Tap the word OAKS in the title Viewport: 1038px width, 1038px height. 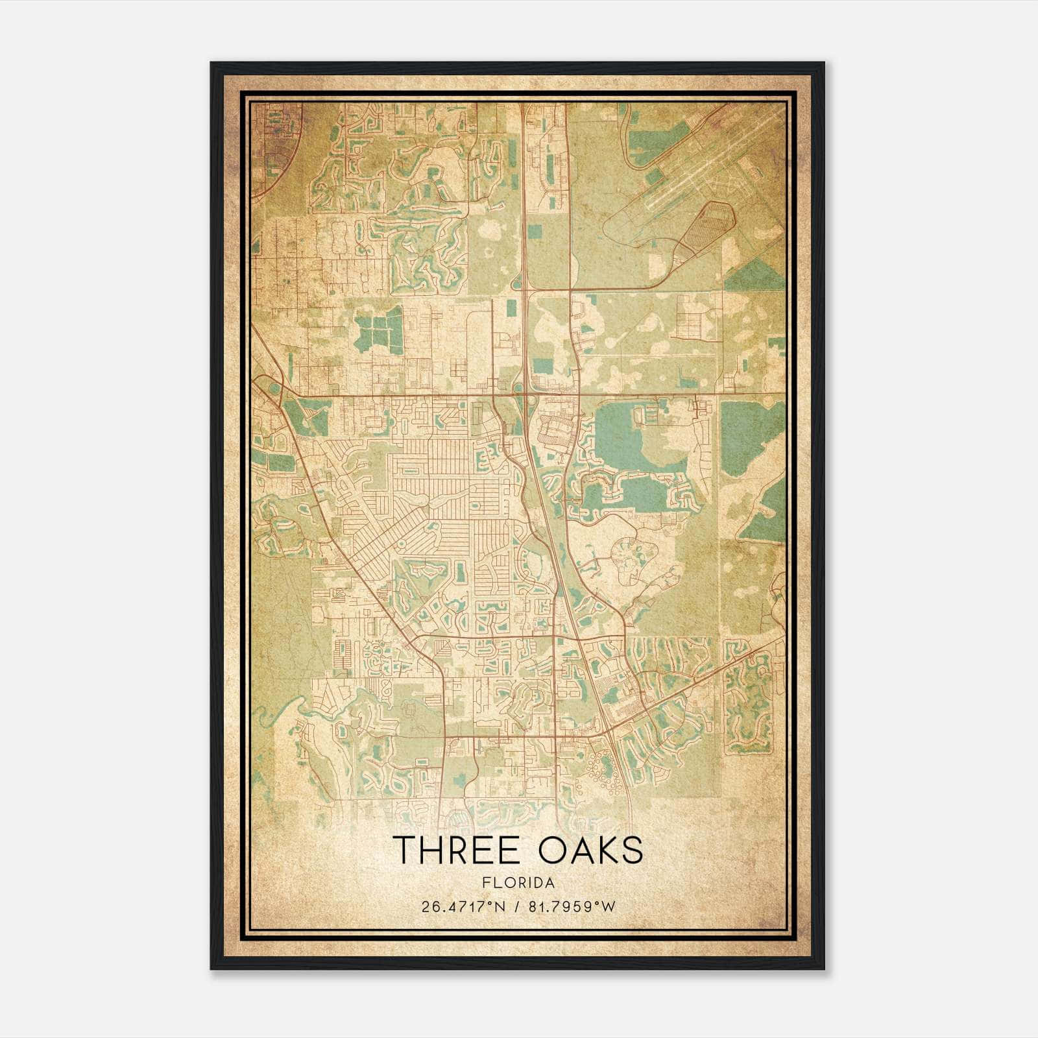click(591, 850)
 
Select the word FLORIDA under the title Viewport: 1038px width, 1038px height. click(518, 883)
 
